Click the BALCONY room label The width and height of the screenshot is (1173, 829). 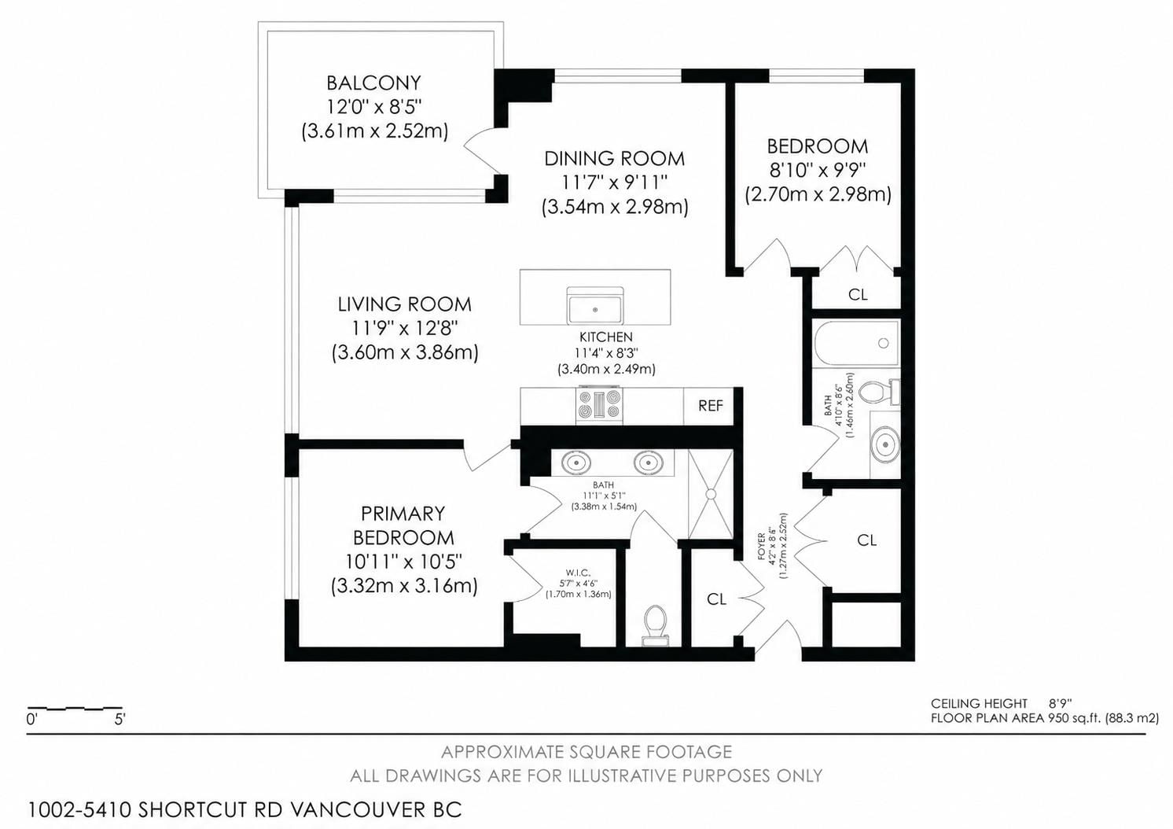click(373, 83)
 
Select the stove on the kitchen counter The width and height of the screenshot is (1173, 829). click(600, 406)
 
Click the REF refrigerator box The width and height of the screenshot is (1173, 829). click(710, 406)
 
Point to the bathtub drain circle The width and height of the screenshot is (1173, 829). click(884, 343)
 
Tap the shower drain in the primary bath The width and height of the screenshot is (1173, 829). click(712, 494)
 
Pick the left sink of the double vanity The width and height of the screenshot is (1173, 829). click(576, 462)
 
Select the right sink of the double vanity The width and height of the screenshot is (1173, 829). click(649, 462)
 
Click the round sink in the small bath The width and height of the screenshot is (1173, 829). click(885, 444)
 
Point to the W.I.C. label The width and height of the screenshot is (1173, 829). click(578, 573)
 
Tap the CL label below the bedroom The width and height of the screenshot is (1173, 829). click(858, 294)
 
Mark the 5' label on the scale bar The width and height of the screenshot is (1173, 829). click(120, 720)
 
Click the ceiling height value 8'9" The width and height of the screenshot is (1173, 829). click(1061, 703)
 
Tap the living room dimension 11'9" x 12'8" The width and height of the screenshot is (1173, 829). click(404, 329)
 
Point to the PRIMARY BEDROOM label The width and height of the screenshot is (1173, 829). click(403, 525)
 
